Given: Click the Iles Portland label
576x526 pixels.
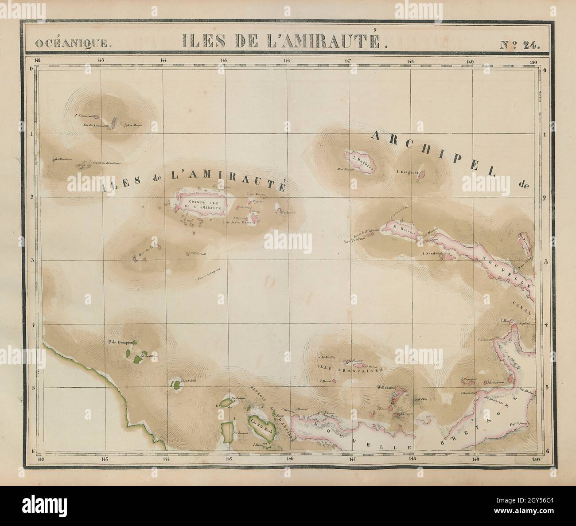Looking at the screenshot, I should click(354, 239).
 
